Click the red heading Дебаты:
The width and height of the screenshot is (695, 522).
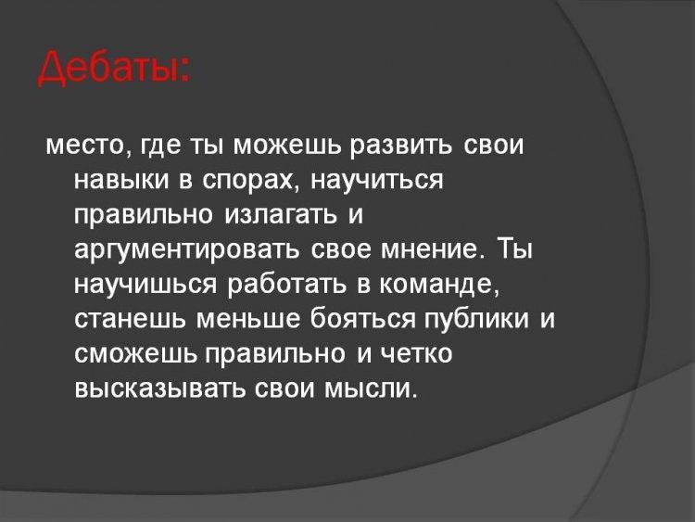pos(114,70)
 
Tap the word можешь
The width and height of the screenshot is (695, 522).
pos(287,146)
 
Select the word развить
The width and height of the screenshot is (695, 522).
pos(402,146)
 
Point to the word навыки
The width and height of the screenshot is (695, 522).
pos(121,180)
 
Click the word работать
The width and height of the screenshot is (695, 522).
pos(286,284)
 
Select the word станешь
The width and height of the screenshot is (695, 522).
pos(130,318)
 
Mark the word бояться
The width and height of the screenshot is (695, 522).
pos(362,318)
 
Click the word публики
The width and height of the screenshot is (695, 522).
pos(477,318)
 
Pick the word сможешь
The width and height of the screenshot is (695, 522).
pos(134,353)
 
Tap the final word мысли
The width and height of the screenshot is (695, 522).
pos(371,388)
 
